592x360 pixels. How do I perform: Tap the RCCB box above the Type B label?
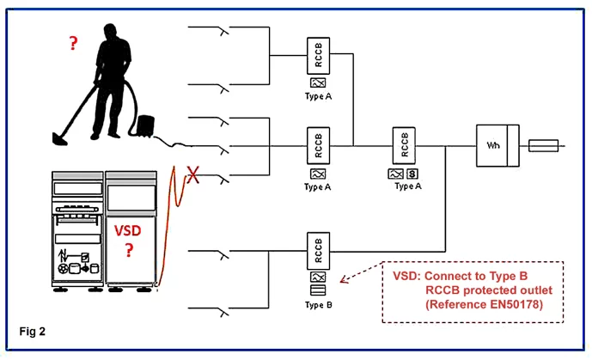coord(318,253)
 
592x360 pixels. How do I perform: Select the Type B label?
coord(318,305)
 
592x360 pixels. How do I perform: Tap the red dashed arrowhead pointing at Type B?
coord(343,279)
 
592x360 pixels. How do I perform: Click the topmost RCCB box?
coord(318,56)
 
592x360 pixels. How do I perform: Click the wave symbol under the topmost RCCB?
coord(318,82)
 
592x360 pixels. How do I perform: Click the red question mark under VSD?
coord(129,251)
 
